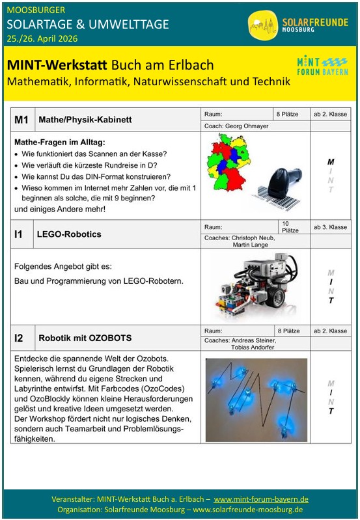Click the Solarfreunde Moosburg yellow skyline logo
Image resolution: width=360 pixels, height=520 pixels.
pyautogui.click(x=263, y=25)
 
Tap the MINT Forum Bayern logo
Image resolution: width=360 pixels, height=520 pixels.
pyautogui.click(x=322, y=66)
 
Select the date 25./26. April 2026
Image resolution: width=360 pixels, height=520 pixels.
pyautogui.click(x=42, y=38)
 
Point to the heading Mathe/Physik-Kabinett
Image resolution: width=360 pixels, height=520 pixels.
pyautogui.click(x=85, y=119)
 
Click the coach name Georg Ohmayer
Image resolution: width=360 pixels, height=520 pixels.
pyautogui.click(x=247, y=126)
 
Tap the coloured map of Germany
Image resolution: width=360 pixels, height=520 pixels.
pyautogui.click(x=228, y=163)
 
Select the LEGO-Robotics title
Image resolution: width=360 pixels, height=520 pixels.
pyautogui.click(x=69, y=234)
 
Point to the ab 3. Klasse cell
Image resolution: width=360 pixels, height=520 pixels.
pyautogui.click(x=331, y=227)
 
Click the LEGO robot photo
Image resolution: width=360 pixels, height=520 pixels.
pyautogui.click(x=255, y=285)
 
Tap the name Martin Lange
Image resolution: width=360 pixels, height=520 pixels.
pyautogui.click(x=250, y=245)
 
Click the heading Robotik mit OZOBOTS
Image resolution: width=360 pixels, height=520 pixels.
pyautogui.click(x=85, y=338)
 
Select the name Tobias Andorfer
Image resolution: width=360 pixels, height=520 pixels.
pyautogui.click(x=253, y=348)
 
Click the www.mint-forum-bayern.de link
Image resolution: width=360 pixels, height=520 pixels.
pyautogui.click(x=261, y=499)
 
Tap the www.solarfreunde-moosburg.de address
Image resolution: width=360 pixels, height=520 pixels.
pyautogui.click(x=248, y=509)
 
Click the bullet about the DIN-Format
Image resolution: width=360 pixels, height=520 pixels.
pyautogui.click(x=92, y=176)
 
